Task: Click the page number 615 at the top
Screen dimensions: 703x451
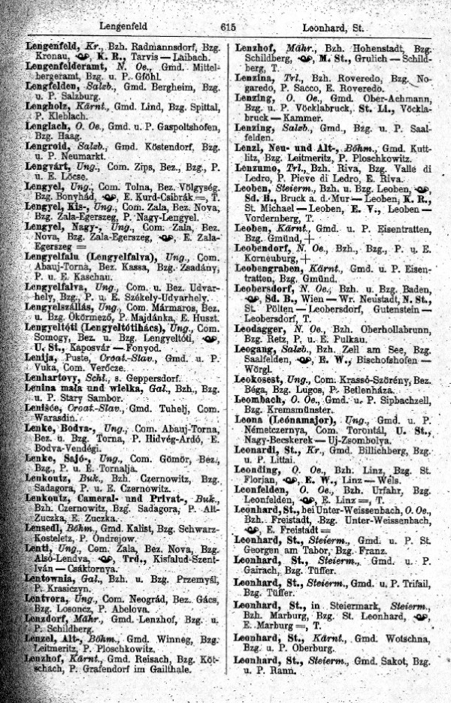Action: pyautogui.click(x=229, y=27)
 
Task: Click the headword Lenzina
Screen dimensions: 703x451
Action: pyautogui.click(x=256, y=78)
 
